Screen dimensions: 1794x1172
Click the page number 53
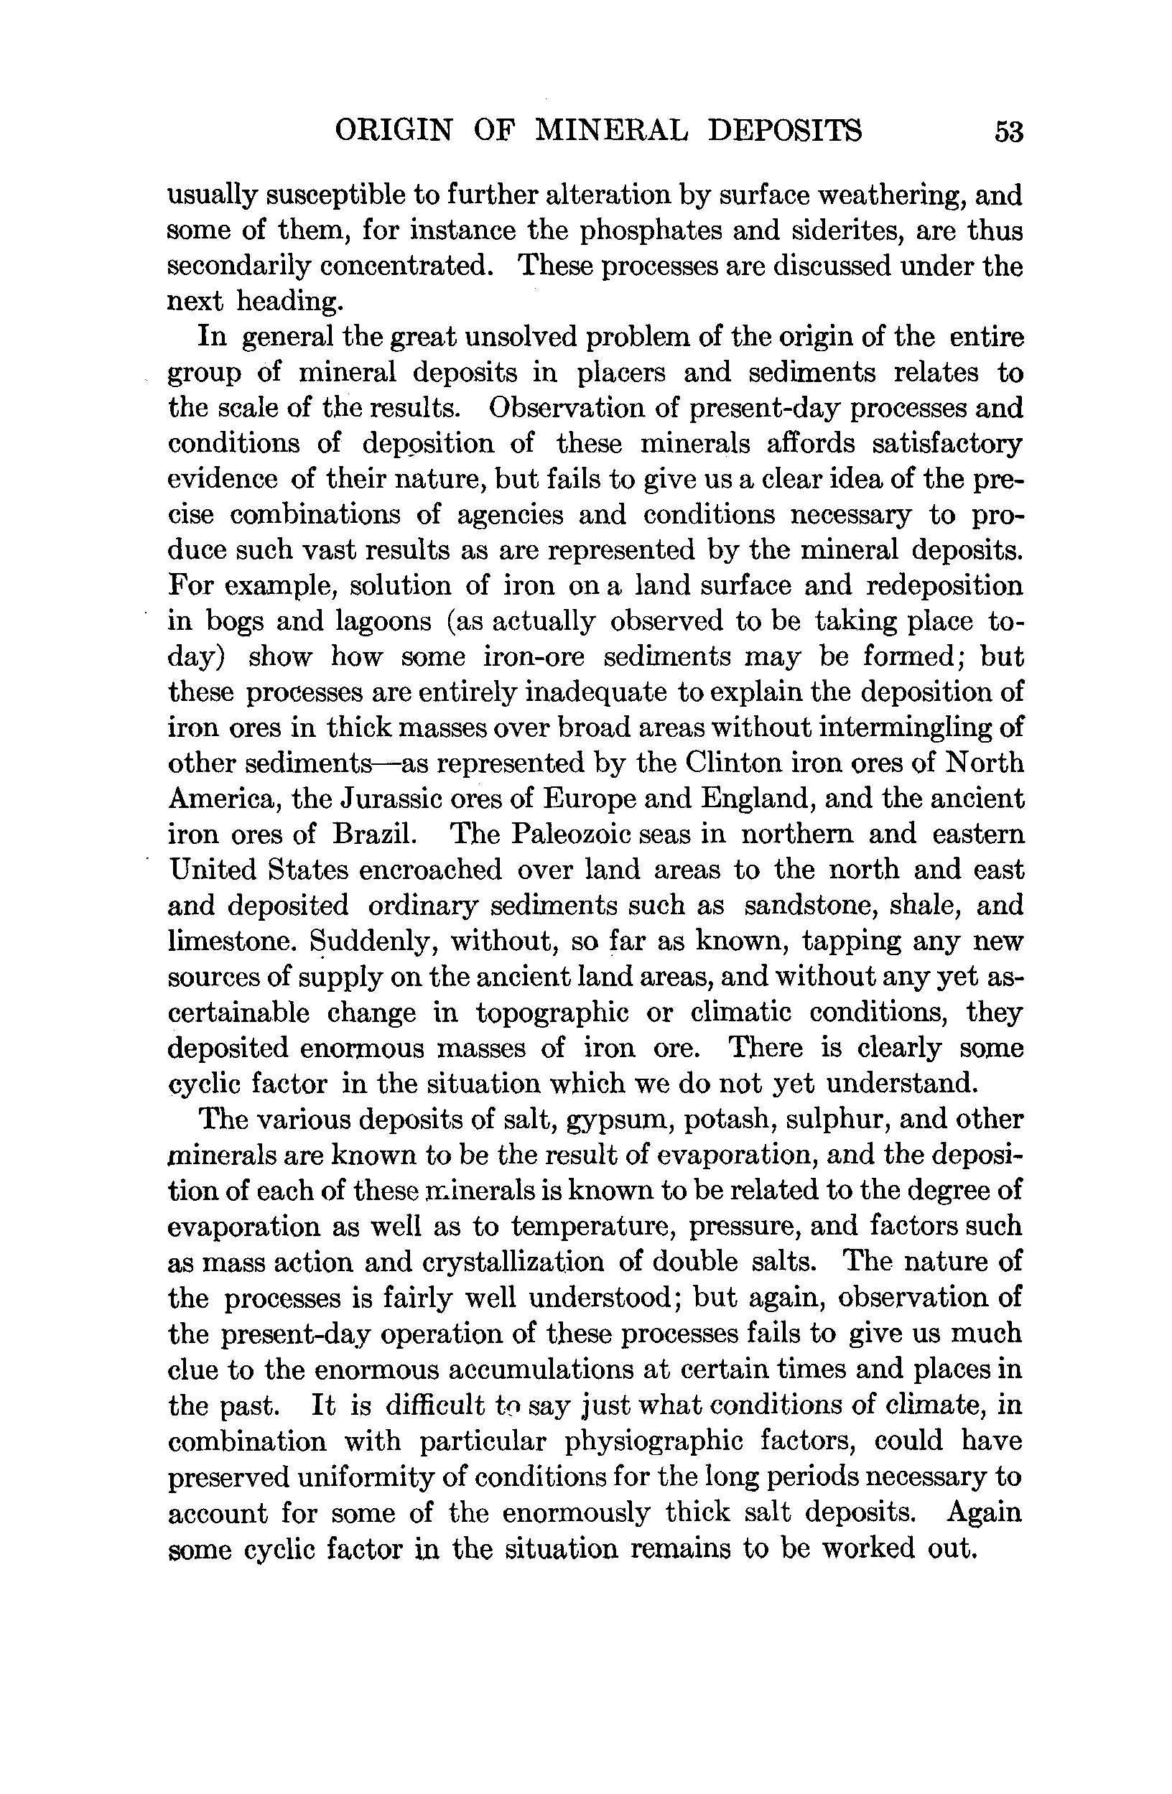1008,132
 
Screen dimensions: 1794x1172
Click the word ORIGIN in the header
394,131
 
